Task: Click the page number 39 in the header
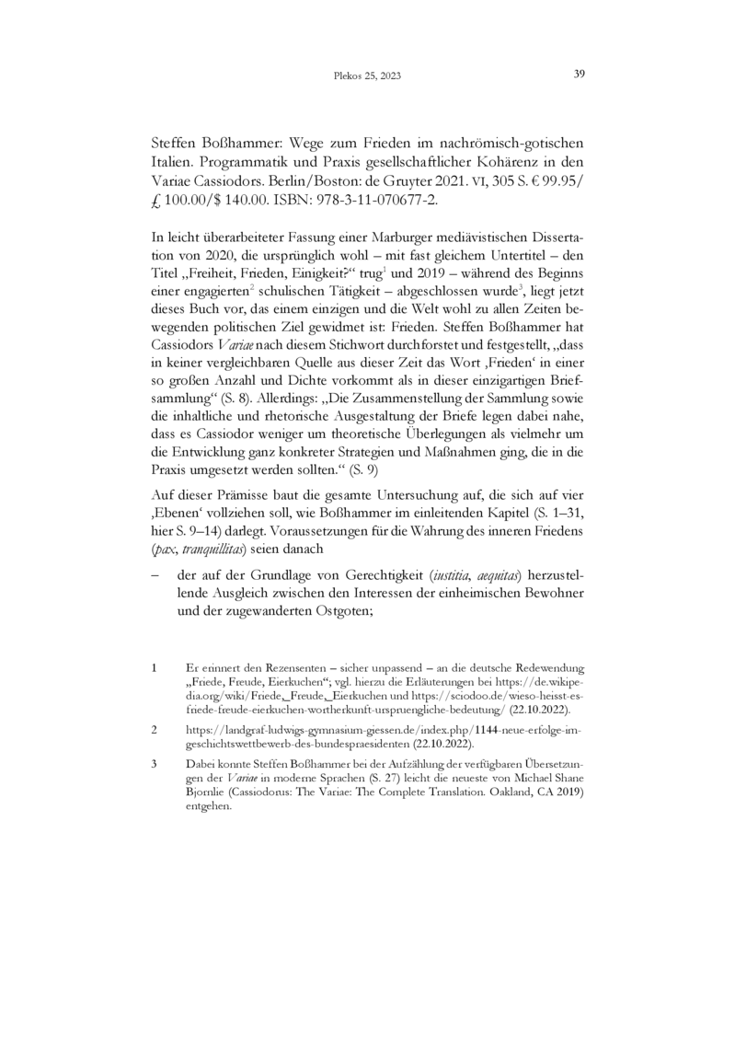click(580, 75)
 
